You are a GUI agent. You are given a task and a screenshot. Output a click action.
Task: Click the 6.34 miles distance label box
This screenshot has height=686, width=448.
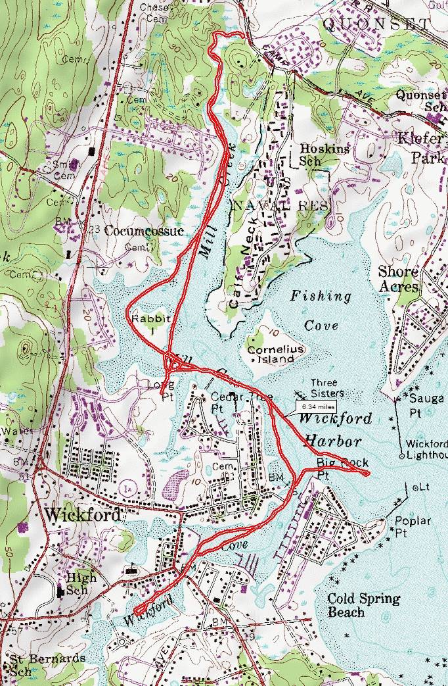[x=315, y=406]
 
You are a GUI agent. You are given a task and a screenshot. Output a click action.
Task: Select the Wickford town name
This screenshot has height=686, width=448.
[x=82, y=514]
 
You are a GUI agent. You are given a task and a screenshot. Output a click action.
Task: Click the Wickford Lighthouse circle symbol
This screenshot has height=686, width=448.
[x=401, y=455]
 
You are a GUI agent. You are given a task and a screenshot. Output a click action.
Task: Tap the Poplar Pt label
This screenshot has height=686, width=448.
[x=413, y=526]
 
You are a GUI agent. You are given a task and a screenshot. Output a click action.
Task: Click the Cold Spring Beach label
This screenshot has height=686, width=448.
[x=363, y=605]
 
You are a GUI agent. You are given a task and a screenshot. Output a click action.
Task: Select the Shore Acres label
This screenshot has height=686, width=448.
[x=398, y=280]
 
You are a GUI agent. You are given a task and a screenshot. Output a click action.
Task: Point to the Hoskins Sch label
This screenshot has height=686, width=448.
[x=317, y=154]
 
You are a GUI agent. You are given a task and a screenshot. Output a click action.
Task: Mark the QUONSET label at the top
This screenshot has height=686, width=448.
[x=377, y=24]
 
